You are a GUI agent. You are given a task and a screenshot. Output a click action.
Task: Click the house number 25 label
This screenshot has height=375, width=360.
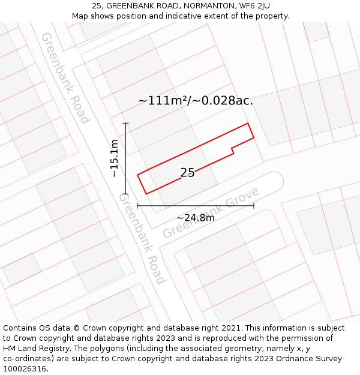click(187, 173)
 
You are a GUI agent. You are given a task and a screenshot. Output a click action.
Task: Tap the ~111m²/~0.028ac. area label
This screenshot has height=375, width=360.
click(196, 101)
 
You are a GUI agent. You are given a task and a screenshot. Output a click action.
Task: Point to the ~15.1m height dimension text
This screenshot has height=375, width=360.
click(115, 158)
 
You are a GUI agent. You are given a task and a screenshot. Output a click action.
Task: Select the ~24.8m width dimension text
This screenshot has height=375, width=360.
click(196, 218)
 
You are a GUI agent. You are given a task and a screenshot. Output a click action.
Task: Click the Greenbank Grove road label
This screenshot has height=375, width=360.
click(211, 212)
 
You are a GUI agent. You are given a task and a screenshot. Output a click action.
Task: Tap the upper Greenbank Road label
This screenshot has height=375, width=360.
click(65, 78)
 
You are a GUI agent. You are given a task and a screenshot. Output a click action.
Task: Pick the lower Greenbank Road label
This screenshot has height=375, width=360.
click(142, 238)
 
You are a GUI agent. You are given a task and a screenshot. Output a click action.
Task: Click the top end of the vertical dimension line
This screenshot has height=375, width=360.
click(126, 123)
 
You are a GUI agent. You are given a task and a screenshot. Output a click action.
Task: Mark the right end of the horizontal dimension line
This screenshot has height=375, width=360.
click(254, 206)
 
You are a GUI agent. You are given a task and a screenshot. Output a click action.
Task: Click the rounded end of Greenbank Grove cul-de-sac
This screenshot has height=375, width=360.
click(275, 180)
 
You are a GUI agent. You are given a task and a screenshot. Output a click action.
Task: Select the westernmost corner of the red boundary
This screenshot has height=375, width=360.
click(137, 175)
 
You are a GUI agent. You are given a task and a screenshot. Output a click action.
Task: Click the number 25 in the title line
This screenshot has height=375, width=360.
click(97, 6)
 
